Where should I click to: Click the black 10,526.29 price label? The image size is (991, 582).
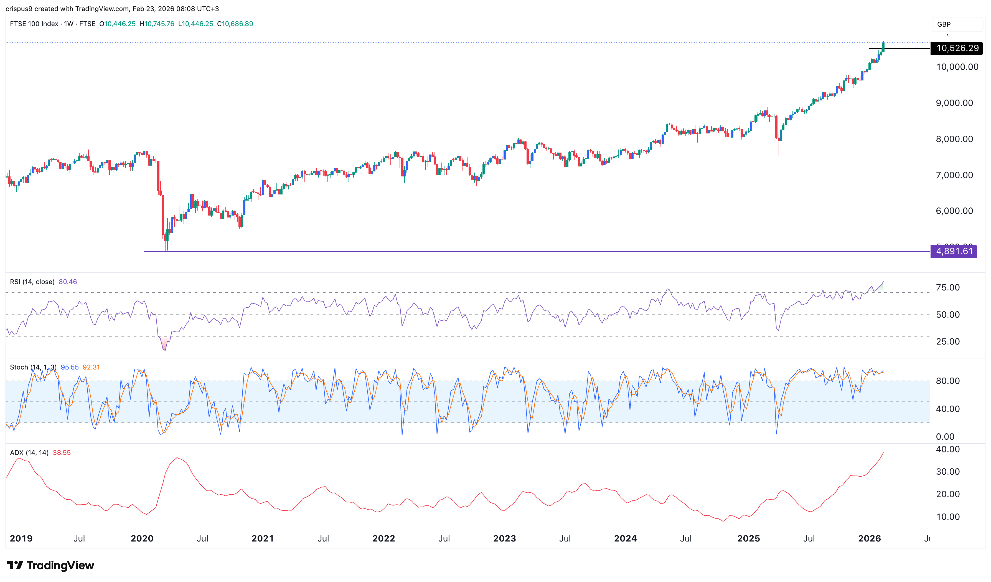(957, 48)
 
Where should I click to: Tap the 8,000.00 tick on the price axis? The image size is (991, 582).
(954, 139)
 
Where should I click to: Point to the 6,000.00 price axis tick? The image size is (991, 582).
(954, 211)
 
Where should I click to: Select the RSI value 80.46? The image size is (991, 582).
(68, 282)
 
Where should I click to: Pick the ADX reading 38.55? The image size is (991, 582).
(62, 452)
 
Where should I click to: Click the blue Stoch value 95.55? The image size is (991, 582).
(70, 367)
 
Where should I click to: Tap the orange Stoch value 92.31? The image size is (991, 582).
(91, 367)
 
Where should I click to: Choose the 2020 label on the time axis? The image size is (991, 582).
(142, 538)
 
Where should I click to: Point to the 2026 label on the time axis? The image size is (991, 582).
(869, 538)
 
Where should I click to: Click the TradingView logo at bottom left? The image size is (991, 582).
(50, 565)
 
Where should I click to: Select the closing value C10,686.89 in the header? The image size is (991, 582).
(235, 24)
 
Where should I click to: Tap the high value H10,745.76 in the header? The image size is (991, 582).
(157, 24)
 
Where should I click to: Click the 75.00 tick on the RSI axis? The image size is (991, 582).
(948, 288)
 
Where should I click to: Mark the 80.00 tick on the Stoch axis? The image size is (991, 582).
(948, 381)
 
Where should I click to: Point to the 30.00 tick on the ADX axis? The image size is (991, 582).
(948, 471)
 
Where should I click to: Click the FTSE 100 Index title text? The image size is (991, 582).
(34, 24)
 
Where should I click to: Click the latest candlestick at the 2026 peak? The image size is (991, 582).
(883, 46)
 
